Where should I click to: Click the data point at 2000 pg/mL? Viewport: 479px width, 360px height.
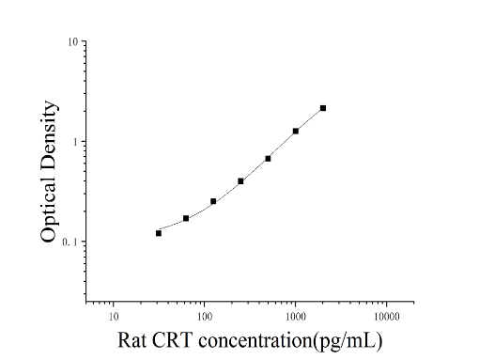(323, 108)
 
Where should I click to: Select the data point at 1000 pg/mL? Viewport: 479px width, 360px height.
(296, 131)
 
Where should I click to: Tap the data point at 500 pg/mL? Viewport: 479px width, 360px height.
(268, 159)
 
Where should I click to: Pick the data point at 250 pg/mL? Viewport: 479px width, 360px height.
(240, 181)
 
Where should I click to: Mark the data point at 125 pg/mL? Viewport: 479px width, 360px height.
(213, 201)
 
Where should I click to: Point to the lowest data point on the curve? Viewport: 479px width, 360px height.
(159, 233)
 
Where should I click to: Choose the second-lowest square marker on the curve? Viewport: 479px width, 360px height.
(186, 218)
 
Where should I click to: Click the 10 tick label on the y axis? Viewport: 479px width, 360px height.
(72, 41)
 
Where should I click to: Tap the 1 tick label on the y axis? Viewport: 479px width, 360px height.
(75, 142)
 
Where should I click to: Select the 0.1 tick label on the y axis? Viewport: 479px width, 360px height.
(70, 242)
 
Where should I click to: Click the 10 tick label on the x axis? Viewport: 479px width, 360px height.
(114, 317)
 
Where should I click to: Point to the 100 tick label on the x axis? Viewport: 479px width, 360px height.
(205, 317)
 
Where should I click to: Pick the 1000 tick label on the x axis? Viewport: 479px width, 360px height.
(296, 317)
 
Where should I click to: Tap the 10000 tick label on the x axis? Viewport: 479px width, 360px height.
(387, 317)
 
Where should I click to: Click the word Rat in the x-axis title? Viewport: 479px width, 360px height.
(131, 340)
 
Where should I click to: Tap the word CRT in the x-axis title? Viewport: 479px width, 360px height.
(172, 340)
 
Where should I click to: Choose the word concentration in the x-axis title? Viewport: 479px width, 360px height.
(255, 340)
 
